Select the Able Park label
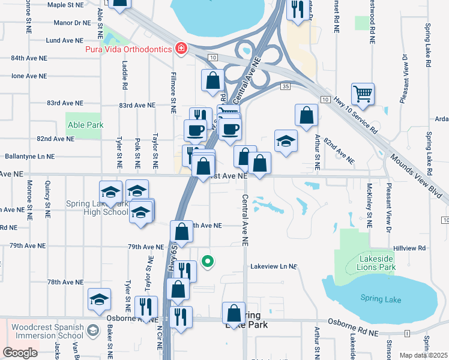(85, 125)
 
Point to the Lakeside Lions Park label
(376, 262)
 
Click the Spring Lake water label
(377, 298)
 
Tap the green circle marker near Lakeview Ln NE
(208, 261)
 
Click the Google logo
(20, 353)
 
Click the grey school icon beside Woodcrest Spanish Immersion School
(92, 330)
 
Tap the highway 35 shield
(285, 87)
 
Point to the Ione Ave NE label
(29, 76)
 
